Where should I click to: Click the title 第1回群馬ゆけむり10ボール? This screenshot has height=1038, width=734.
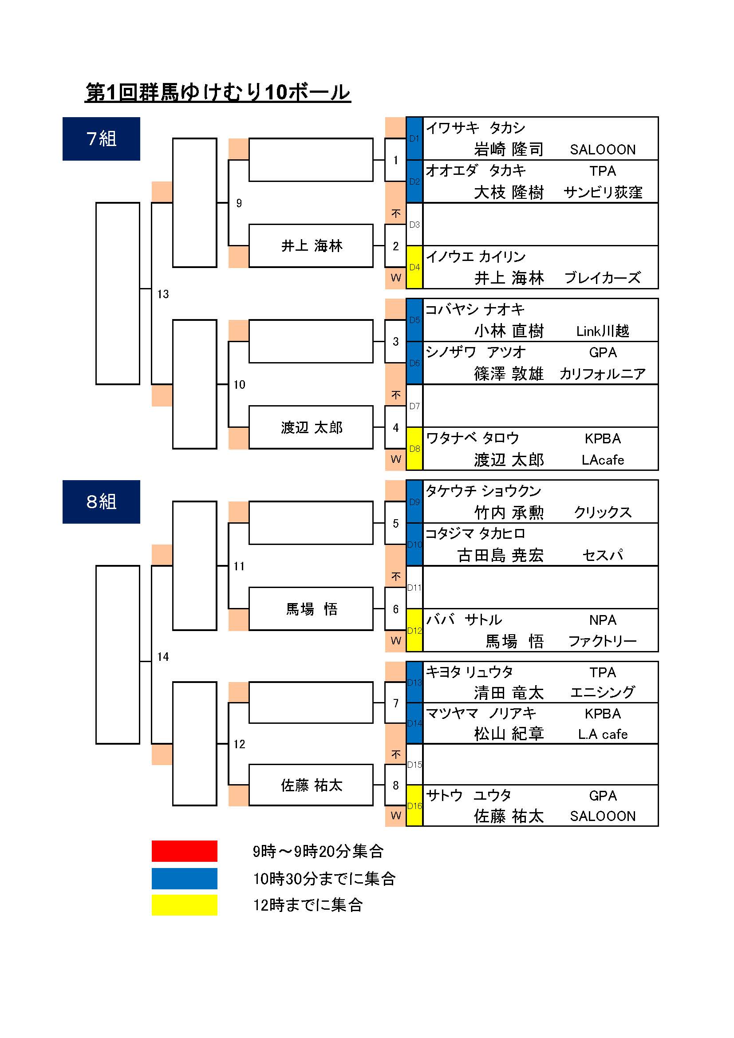point(218,92)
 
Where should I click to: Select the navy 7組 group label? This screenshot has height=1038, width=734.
point(101,139)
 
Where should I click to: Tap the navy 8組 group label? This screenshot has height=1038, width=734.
point(101,502)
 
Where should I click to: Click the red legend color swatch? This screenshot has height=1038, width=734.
point(185,851)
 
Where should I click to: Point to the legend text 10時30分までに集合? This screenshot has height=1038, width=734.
point(324,878)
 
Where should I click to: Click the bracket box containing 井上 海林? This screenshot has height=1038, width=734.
point(311,246)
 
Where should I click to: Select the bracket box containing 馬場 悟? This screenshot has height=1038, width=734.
point(311,609)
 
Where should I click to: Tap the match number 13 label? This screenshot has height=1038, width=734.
point(163,294)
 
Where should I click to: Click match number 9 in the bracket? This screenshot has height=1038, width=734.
point(239,203)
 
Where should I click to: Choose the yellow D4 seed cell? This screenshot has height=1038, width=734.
point(414,267)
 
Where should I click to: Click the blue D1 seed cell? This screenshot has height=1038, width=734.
point(414,138)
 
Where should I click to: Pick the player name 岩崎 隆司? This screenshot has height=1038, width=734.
point(509,149)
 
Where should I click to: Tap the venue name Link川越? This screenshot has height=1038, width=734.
point(603,331)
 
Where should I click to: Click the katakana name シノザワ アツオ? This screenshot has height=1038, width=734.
point(476,352)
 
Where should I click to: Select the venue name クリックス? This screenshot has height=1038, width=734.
point(603,512)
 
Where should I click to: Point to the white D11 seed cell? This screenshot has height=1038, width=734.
point(414,587)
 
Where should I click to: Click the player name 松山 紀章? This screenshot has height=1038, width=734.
point(509,734)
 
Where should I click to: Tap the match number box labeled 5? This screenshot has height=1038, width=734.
point(395,523)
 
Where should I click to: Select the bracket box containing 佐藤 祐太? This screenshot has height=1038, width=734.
point(311,785)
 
